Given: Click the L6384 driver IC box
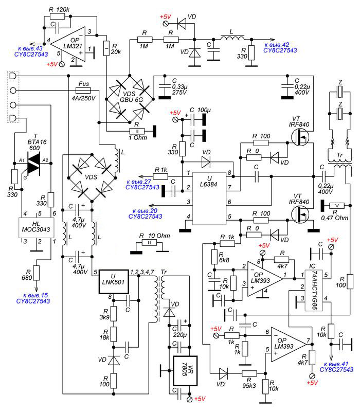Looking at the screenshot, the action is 209,199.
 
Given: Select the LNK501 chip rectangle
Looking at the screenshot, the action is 114,282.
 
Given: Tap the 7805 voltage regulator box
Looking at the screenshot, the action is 185,371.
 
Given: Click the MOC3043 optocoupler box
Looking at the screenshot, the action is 36,227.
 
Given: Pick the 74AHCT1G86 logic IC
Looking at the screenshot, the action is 314,290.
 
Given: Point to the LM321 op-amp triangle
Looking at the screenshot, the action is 68,44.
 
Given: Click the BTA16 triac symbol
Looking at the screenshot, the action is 33,164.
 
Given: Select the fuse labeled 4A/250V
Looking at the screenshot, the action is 83,91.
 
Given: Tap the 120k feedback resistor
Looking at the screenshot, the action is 57,16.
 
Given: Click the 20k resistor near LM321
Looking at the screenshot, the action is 106,48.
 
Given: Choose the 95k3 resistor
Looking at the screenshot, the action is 249,373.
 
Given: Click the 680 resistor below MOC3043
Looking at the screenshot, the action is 37,273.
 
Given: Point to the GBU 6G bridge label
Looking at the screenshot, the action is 131,97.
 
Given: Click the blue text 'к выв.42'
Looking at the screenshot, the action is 277,45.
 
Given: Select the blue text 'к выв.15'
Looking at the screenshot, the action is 35,295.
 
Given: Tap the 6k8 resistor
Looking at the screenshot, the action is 214,257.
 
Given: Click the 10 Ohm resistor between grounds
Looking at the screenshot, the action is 149,243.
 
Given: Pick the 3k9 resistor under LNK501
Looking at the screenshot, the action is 114,313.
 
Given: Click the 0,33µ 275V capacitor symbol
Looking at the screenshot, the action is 165,87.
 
